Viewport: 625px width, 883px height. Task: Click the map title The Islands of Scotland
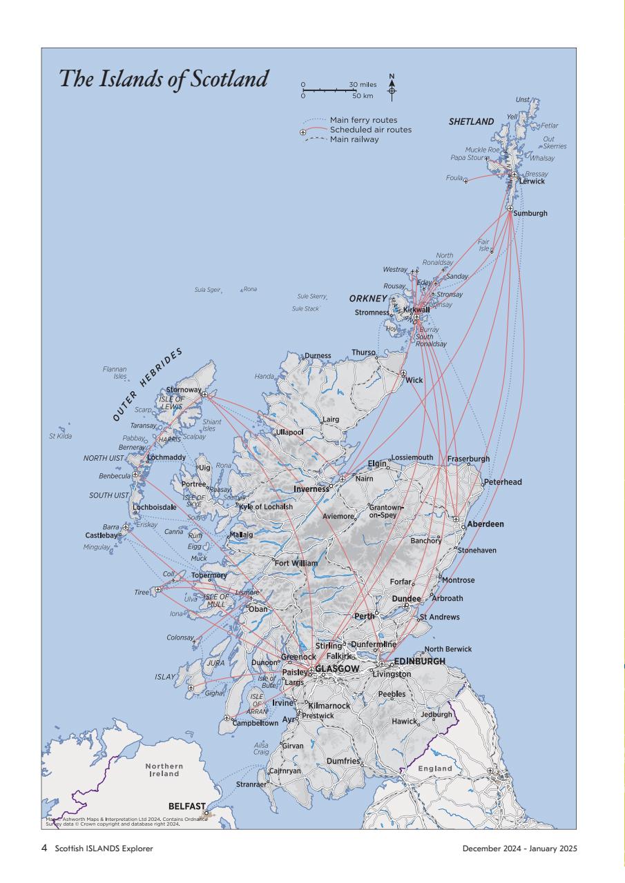pos(163,79)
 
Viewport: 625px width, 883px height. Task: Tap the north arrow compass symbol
pos(392,87)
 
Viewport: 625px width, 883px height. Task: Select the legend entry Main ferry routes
pos(363,120)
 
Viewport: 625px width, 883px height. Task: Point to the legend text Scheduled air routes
pos(370,130)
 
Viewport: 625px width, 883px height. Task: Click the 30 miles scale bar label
pos(363,85)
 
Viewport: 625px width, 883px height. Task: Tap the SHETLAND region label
pos(471,122)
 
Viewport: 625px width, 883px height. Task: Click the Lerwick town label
pos(532,181)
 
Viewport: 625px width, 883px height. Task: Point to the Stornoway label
pos(184,390)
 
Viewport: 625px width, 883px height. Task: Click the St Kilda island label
pos(60,436)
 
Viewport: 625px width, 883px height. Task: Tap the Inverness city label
pos(311,489)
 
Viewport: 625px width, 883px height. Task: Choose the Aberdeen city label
pos(485,524)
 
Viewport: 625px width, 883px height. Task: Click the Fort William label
pos(296,564)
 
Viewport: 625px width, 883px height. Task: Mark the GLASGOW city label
pos(337,669)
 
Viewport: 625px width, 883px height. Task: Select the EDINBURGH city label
pos(419,661)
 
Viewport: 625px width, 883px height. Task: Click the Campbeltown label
pos(255,724)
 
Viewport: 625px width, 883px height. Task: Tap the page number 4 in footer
pos(44,848)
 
